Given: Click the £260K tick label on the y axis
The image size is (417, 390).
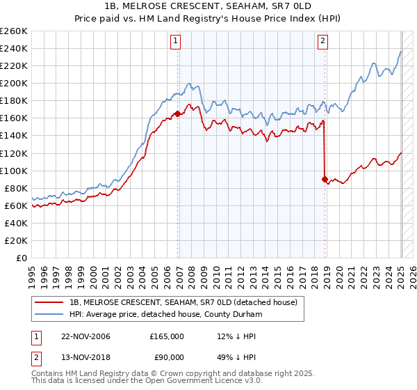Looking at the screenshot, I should pos(14,31).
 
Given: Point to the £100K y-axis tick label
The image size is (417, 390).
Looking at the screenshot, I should pos(14,171).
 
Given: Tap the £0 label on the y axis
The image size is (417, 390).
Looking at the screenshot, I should pos(22,258).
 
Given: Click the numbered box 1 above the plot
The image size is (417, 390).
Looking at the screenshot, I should pos(176,41).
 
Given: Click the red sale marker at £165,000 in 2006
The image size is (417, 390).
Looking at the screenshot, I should pos(178,114).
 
